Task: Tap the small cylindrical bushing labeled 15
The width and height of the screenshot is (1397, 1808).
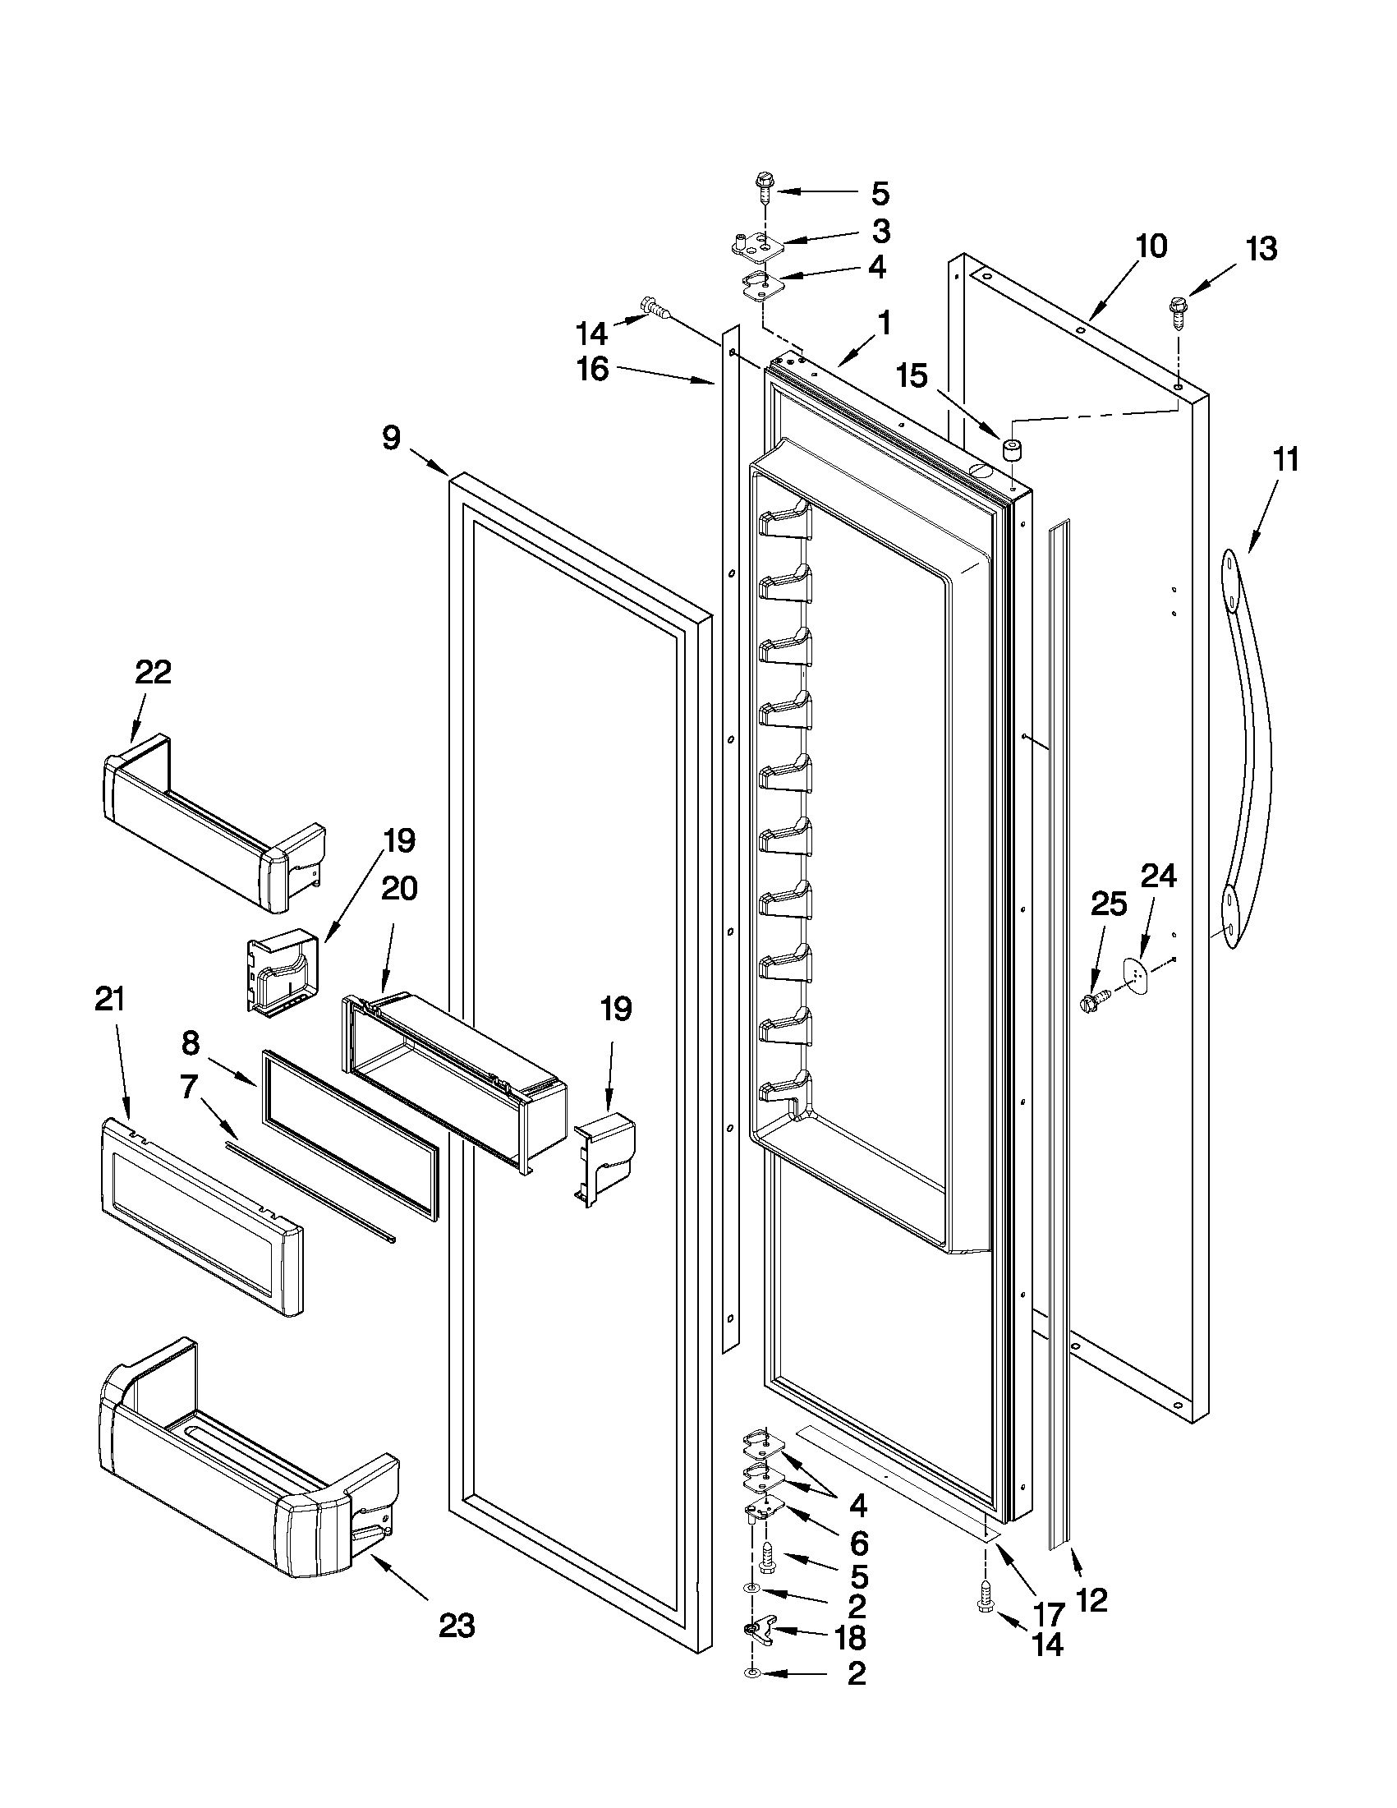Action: point(1010,449)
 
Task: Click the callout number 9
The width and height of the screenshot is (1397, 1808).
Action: point(392,438)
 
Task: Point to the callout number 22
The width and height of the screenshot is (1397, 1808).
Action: point(153,672)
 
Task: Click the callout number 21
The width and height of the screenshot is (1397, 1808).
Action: point(110,1000)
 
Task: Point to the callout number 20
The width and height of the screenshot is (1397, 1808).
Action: point(400,889)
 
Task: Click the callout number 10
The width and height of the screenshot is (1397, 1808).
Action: point(1151,246)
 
